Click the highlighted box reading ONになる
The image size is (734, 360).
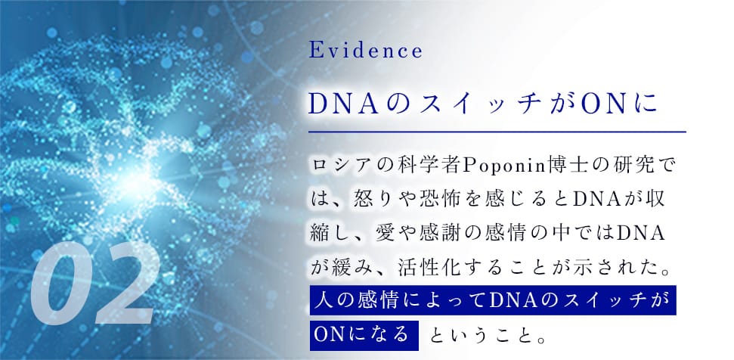pos(363,333)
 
